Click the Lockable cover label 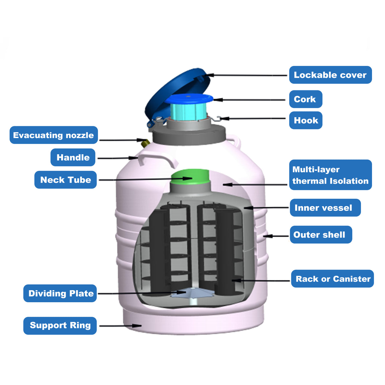330,75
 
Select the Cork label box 305,99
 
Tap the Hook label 305,121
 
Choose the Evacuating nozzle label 54,135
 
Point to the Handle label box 73,157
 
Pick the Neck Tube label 65,180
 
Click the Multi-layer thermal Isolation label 330,175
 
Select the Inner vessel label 325,208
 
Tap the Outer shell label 321,235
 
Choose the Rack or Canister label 332,279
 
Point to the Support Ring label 60,325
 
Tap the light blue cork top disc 189,98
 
